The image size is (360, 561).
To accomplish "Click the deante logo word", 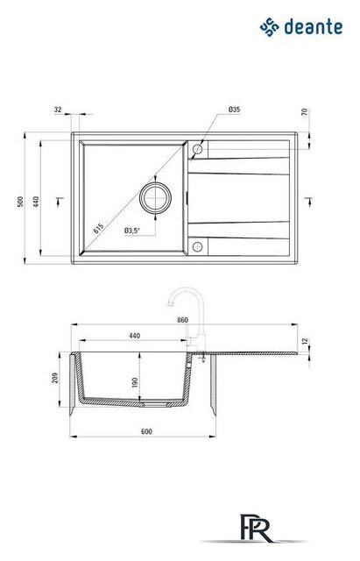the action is pos(314,27).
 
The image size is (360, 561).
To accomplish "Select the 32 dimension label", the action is pos(58,110).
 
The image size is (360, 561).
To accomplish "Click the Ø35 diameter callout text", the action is pos(234,110).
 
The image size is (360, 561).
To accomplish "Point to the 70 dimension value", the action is pos(304,112).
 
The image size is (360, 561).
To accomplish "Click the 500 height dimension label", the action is pos(20,202).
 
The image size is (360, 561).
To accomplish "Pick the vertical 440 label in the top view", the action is pos(36,202).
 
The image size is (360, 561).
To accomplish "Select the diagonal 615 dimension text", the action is pos(98,228).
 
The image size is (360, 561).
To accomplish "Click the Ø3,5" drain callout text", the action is pos(132,231).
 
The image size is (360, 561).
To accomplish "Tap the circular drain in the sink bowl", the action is pos(155,197).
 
